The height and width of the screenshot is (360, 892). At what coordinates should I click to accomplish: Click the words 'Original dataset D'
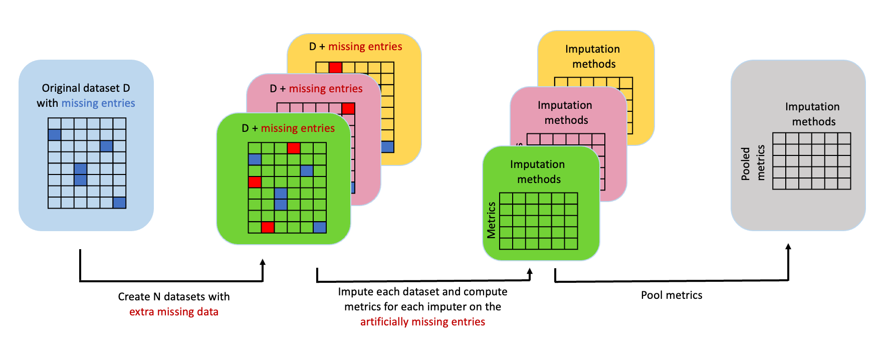click(x=86, y=88)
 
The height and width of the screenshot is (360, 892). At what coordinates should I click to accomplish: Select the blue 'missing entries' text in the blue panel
click(x=98, y=103)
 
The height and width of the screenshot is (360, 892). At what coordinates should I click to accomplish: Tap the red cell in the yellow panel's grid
click(x=335, y=68)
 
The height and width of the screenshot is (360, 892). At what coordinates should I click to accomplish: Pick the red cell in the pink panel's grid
click(x=348, y=109)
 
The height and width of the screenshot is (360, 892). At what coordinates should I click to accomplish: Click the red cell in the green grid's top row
click(x=294, y=148)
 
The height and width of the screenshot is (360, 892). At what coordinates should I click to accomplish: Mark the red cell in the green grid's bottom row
click(x=268, y=228)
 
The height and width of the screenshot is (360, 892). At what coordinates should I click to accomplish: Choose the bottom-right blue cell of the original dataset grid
click(x=119, y=203)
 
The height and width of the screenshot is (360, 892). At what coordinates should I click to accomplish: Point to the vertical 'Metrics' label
click(x=491, y=220)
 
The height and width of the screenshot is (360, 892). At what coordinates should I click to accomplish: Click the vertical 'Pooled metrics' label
click(x=753, y=163)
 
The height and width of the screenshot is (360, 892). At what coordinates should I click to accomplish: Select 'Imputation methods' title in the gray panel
click(x=813, y=114)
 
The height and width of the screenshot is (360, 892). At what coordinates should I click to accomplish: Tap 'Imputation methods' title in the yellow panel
click(x=593, y=57)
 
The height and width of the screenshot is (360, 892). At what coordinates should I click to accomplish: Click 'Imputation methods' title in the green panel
click(x=538, y=172)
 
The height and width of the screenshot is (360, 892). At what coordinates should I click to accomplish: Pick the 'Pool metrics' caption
click(x=672, y=295)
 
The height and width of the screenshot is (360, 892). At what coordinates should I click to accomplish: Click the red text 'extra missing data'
click(x=174, y=312)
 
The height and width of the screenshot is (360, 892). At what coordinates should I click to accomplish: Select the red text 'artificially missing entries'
click(x=422, y=322)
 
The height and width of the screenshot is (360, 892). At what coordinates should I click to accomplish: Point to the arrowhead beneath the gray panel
click(x=788, y=247)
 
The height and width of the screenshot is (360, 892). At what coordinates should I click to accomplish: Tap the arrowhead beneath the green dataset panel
click(x=263, y=262)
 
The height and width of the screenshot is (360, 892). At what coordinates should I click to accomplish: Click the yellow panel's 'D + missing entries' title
click(x=355, y=47)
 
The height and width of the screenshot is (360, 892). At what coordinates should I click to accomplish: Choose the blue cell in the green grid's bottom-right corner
click(x=320, y=228)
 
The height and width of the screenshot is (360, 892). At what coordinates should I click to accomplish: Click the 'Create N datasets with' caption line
click(x=174, y=297)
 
